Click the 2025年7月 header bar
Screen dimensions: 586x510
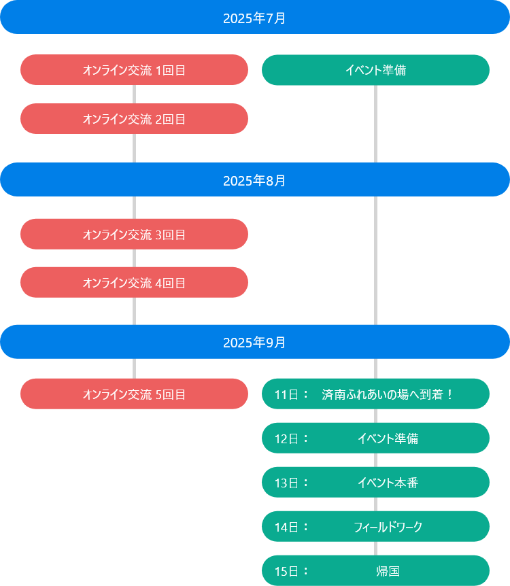(254, 18)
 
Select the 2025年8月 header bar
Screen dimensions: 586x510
(254, 180)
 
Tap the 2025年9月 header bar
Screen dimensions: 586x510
(254, 342)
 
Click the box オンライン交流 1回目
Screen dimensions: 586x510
(134, 70)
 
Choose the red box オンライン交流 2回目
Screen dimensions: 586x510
(134, 119)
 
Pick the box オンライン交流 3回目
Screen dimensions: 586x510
(134, 235)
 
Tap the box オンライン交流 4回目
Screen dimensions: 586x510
(134, 282)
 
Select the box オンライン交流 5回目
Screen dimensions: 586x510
(134, 394)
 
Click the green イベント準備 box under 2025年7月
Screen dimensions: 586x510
(375, 70)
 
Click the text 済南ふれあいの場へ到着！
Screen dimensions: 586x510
(388, 394)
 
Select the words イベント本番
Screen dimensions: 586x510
(388, 483)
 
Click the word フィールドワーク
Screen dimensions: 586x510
(388, 527)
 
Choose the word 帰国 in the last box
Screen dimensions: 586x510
(388, 571)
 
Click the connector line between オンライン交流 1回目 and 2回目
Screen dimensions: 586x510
(134, 94)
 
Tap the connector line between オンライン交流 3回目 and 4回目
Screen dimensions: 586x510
(134, 258)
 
